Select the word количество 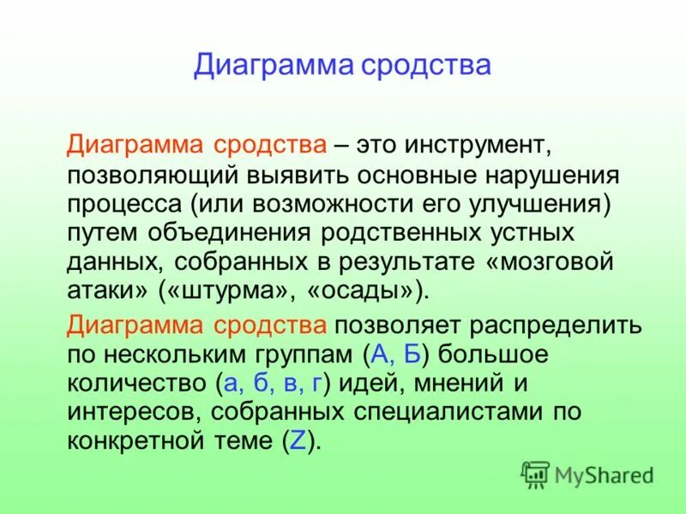tap(132, 383)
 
